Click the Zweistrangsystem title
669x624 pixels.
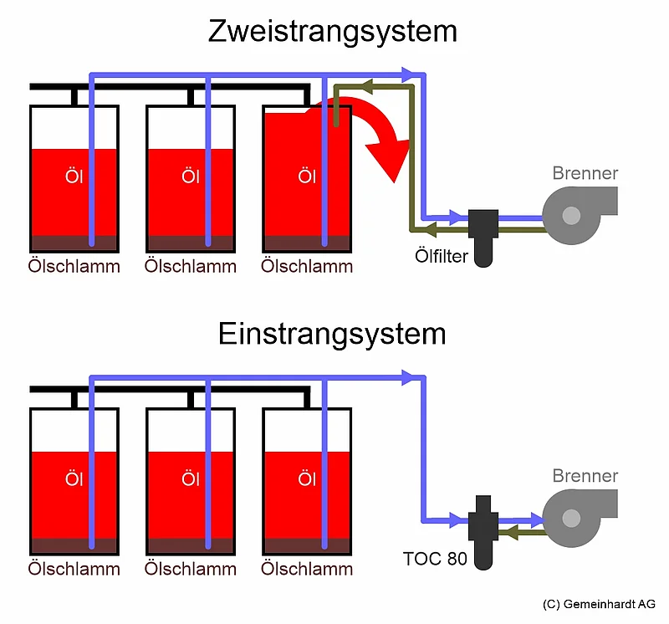(333, 32)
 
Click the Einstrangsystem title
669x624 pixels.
(333, 334)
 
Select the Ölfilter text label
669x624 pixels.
(442, 254)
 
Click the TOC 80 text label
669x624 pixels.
(434, 557)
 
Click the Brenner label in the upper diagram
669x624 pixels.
(585, 173)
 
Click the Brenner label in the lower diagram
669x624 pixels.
(585, 476)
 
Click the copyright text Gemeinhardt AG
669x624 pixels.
(599, 604)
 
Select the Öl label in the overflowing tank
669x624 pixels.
(306, 177)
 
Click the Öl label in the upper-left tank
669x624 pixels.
(73, 177)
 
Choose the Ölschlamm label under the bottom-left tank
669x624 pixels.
(74, 569)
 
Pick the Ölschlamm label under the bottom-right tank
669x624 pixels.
(307, 569)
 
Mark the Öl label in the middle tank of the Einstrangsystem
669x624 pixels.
(190, 479)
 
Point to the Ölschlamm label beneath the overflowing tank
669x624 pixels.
(307, 266)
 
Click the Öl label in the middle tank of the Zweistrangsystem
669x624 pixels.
(190, 177)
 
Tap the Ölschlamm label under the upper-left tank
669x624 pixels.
(74, 266)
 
